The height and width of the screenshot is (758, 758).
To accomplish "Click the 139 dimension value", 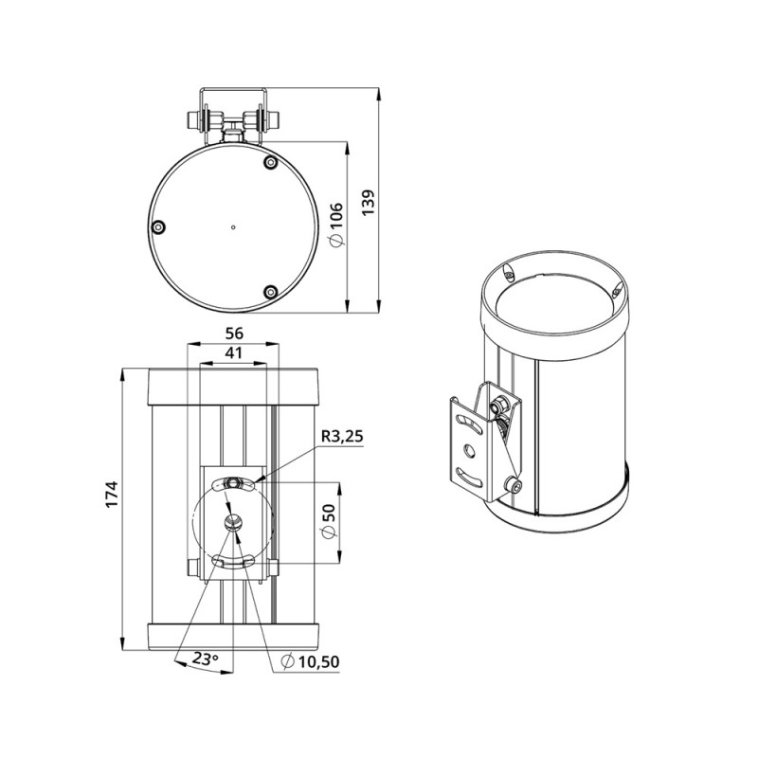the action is (x=369, y=203).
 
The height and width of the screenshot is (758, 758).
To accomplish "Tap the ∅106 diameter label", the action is (x=336, y=225).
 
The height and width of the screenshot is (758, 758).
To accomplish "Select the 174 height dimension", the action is (x=112, y=494).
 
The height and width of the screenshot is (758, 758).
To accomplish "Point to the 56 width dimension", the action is (x=234, y=334).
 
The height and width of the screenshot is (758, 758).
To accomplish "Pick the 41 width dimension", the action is (x=233, y=352).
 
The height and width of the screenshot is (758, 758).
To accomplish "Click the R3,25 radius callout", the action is (x=342, y=437).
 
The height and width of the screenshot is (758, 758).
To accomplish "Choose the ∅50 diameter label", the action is (x=328, y=521).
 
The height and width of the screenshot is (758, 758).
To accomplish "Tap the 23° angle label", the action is (x=206, y=658).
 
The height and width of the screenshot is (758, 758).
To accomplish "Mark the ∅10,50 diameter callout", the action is (x=311, y=661).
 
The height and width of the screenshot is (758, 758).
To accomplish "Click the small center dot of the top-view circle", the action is (x=233, y=226).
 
